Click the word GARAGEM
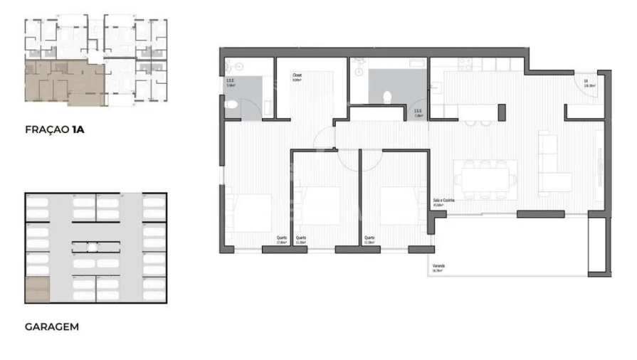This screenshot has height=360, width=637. pyautogui.click(x=51, y=327)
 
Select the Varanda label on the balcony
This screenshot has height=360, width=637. pyautogui.click(x=438, y=268)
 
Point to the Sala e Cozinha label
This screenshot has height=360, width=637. pyautogui.click(x=443, y=201)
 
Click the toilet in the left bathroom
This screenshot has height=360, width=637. pyautogui.click(x=229, y=105)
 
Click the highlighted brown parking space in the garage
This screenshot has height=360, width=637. pyautogui.click(x=37, y=291)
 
